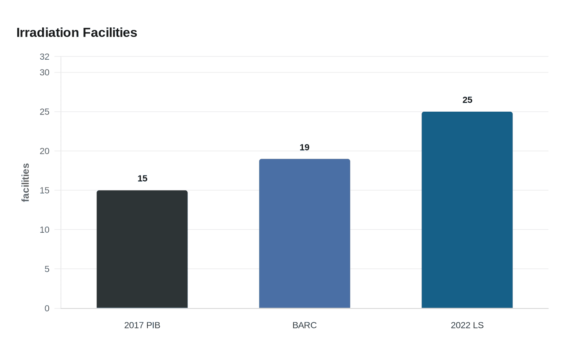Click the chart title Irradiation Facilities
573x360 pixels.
click(x=77, y=33)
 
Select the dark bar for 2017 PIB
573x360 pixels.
click(x=142, y=249)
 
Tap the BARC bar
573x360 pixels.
click(x=305, y=234)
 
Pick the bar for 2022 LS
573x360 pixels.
click(x=467, y=210)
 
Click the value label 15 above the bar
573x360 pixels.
click(x=142, y=178)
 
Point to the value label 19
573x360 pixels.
click(x=305, y=147)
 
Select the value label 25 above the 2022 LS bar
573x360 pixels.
click(x=467, y=100)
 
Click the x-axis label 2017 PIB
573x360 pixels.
click(x=142, y=325)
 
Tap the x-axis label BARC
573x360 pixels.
click(x=305, y=325)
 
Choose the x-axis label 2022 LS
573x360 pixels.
click(x=467, y=325)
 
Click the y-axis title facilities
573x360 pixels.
click(x=25, y=182)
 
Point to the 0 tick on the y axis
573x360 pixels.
click(x=47, y=308)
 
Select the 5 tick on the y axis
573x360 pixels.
click(x=47, y=269)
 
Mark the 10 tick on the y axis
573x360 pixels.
click(x=45, y=229)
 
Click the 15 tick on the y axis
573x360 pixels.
click(x=45, y=190)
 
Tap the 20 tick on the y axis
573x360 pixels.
click(x=45, y=151)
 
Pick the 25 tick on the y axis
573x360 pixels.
click(x=45, y=112)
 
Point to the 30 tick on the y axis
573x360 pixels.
click(x=45, y=73)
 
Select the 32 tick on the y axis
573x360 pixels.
click(x=45, y=57)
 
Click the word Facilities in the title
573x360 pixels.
click(x=110, y=33)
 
